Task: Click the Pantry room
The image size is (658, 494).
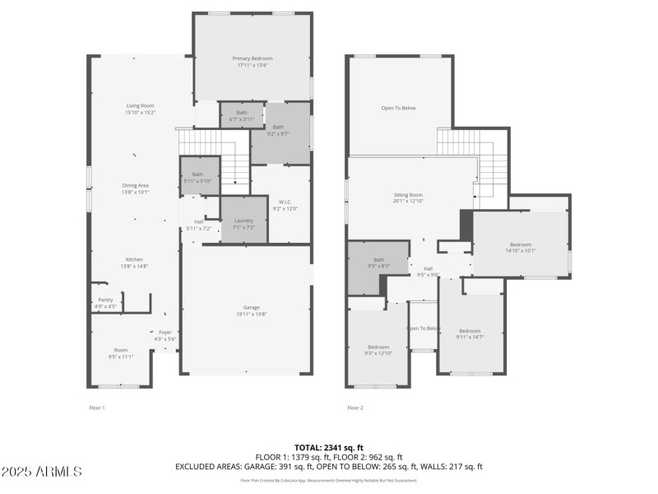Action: (105, 303)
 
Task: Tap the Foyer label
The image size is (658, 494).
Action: (165, 335)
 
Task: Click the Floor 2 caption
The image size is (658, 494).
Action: (355, 408)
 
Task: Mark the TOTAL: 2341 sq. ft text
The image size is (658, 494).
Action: (328, 447)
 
